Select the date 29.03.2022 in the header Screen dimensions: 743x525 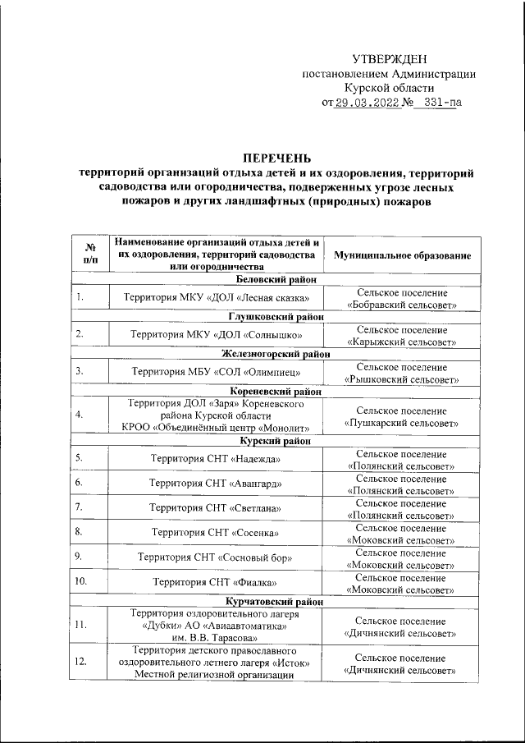pos(366,103)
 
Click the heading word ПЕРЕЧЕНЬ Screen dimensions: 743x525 pos(276,158)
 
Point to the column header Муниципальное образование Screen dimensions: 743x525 pos(402,255)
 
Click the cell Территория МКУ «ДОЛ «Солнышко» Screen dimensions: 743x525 pos(217,335)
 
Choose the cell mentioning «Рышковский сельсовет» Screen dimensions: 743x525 pos(402,373)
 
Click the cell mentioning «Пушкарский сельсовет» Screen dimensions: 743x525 pos(402,416)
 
